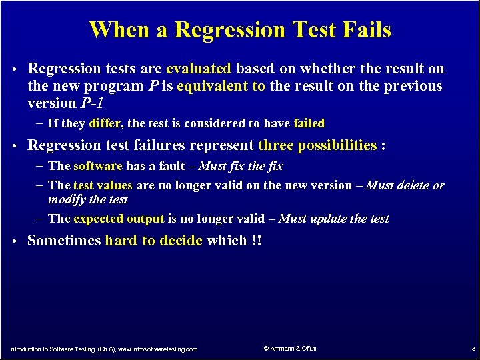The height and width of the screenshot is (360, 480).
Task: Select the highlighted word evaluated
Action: tap(199, 69)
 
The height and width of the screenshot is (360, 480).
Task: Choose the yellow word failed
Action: tap(309, 123)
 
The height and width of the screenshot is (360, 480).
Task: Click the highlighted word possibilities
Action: tap(337, 145)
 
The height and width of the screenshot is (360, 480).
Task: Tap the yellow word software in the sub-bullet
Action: tap(98, 166)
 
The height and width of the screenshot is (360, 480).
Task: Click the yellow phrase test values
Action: tap(103, 185)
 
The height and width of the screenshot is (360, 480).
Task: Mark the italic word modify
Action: tap(67, 199)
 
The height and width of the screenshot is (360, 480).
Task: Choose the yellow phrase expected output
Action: tap(119, 219)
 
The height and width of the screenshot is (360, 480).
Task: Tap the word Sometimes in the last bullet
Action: tap(64, 241)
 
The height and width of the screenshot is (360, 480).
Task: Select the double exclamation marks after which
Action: tap(257, 241)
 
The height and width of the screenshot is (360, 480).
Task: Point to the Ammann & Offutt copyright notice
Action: tap(290, 349)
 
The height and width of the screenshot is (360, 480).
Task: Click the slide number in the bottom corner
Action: tap(472, 349)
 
